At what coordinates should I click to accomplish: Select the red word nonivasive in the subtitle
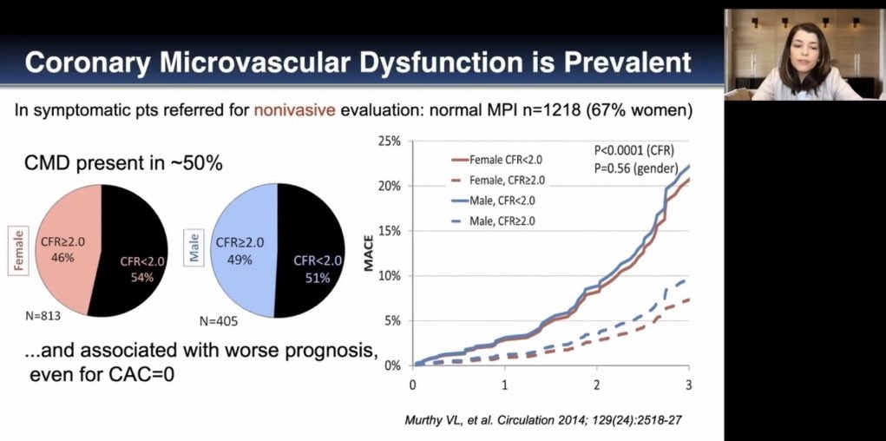(x=295, y=111)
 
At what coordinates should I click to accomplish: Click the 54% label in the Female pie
(x=142, y=277)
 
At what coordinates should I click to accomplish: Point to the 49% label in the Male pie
(x=240, y=259)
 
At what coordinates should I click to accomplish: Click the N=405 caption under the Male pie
(x=218, y=321)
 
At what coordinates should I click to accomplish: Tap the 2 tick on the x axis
(x=597, y=383)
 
